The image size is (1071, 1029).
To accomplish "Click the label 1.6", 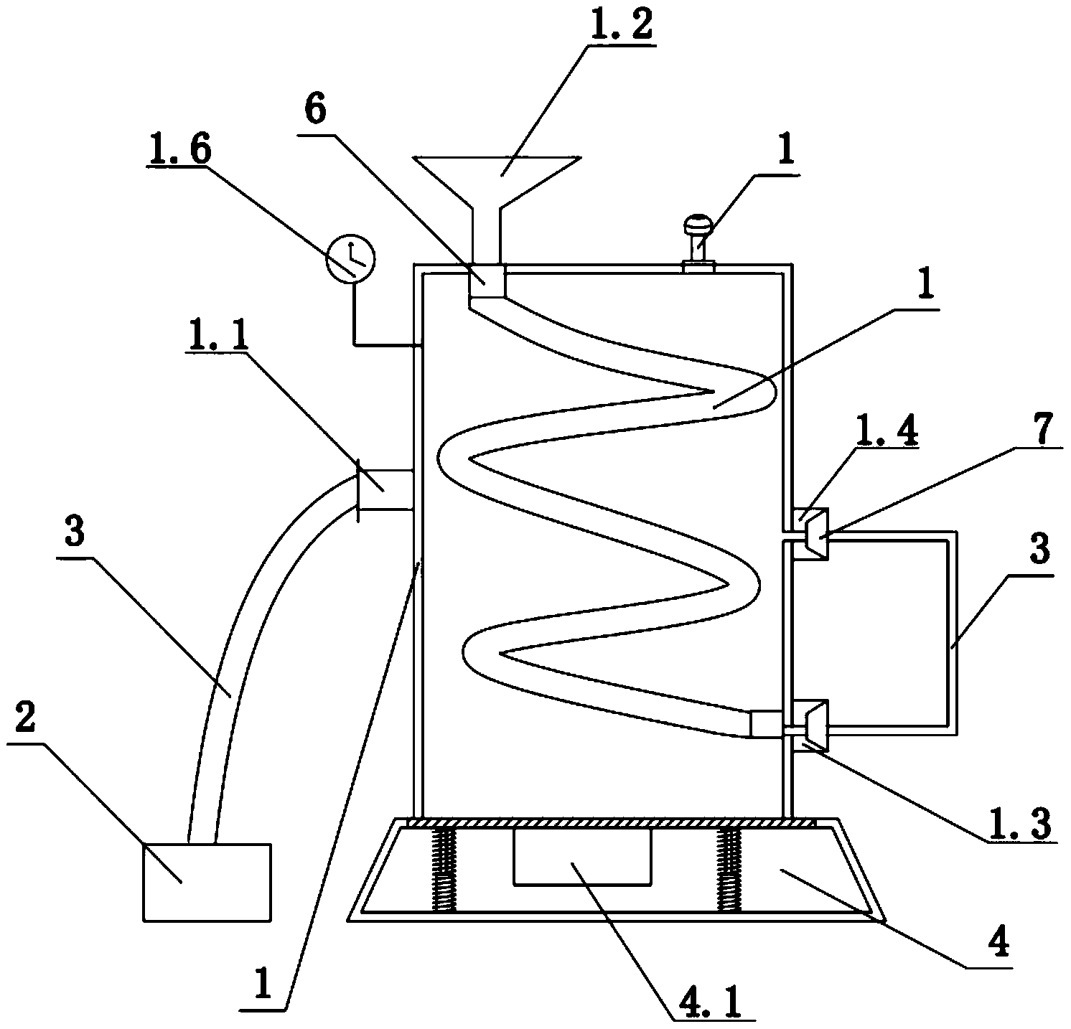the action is [x=179, y=151].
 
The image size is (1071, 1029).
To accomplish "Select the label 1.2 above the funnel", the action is [x=620, y=27].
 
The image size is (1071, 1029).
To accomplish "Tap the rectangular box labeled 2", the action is [x=207, y=882].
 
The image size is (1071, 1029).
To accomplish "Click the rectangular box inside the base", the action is [x=582, y=856].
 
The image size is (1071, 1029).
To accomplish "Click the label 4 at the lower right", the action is [x=996, y=943].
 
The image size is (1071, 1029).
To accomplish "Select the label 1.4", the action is [x=887, y=430].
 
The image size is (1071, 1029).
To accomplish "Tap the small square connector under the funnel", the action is [x=486, y=281].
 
